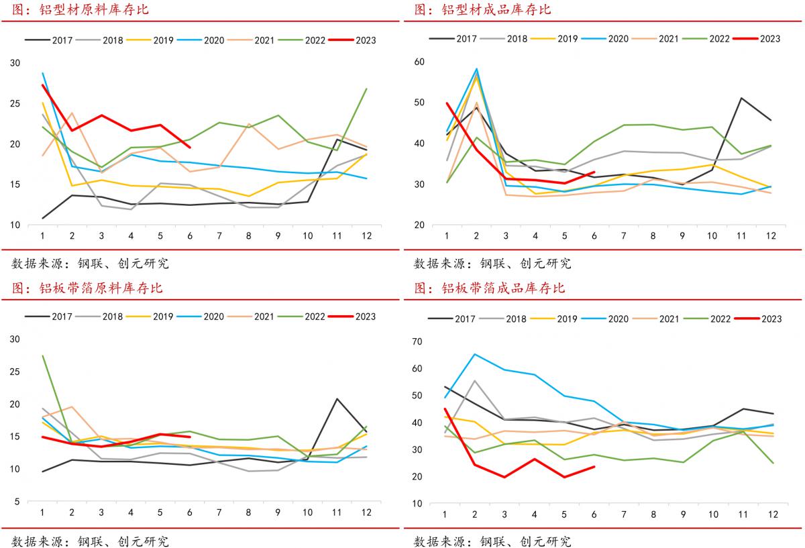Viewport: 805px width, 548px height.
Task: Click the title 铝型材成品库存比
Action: coord(497,10)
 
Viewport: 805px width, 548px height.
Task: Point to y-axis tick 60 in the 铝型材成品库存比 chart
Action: coord(420,62)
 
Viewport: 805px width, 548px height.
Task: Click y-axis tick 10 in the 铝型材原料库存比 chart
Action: coord(15,225)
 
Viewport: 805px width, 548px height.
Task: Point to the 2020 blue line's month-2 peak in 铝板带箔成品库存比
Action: coord(474,354)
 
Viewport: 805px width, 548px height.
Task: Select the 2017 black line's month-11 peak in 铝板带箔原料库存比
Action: coord(337,399)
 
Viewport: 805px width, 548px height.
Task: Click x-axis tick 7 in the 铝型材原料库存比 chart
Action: coord(219,236)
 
